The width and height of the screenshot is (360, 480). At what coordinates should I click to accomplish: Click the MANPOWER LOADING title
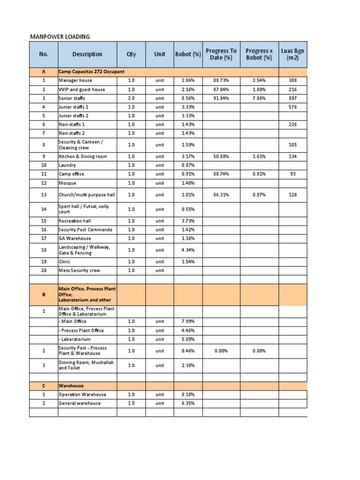click(x=60, y=37)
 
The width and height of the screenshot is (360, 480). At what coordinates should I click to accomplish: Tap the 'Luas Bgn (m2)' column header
click(x=293, y=54)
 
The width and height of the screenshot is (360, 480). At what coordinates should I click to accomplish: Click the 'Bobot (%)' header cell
click(x=188, y=54)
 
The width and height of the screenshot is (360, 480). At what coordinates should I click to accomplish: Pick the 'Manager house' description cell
click(x=75, y=81)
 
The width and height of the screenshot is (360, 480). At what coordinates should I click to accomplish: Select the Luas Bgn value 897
click(x=293, y=98)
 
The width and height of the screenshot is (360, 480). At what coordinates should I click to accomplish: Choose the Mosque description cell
click(x=67, y=183)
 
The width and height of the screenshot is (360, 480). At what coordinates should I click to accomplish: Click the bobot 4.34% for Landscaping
click(x=188, y=250)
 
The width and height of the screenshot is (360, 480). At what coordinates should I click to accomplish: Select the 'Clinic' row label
click(x=65, y=262)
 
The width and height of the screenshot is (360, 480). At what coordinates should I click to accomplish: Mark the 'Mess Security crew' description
click(x=79, y=270)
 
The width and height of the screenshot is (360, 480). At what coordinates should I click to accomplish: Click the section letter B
click(x=44, y=295)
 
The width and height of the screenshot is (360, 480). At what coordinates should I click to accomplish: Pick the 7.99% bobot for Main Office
click(x=188, y=322)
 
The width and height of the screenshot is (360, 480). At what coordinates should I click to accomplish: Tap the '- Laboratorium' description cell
click(x=75, y=339)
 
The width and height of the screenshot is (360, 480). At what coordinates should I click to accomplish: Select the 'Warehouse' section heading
click(x=71, y=386)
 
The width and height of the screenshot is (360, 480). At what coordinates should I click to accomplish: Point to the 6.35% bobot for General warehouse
click(x=188, y=404)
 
